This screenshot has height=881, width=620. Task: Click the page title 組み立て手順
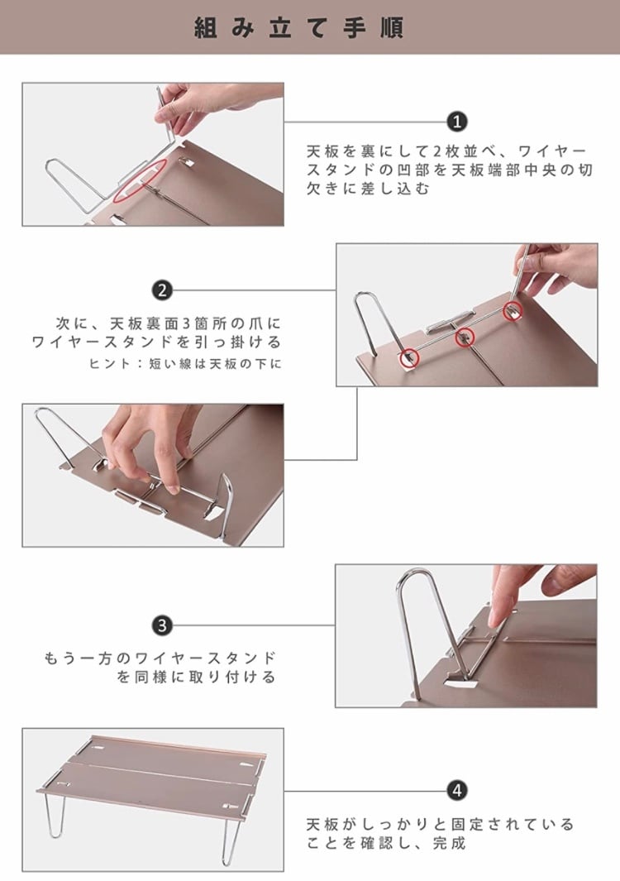pyautogui.click(x=298, y=27)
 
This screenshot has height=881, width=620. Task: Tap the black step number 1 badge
pyautogui.click(x=457, y=122)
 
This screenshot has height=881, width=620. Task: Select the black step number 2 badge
pyautogui.click(x=162, y=290)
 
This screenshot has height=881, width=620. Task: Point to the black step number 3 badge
pyautogui.click(x=162, y=625)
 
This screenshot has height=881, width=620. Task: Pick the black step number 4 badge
pyautogui.click(x=457, y=791)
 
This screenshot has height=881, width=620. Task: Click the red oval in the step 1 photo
pyautogui.click(x=140, y=180)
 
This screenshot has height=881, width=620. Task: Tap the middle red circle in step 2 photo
pyautogui.click(x=465, y=338)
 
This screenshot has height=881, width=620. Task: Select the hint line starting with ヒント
pyautogui.click(x=185, y=363)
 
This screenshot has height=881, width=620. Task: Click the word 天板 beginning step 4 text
pyautogui.click(x=323, y=824)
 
